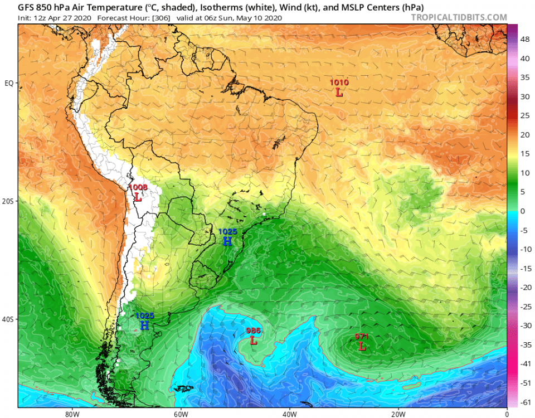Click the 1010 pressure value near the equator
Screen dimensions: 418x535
click(x=339, y=82)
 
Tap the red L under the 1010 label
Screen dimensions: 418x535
click(x=339, y=93)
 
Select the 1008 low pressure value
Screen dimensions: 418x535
click(x=138, y=187)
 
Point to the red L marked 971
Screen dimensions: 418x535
click(x=362, y=347)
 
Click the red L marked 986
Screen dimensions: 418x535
click(x=254, y=341)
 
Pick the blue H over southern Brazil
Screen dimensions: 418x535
click(x=227, y=241)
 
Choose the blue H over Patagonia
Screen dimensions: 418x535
click(x=144, y=325)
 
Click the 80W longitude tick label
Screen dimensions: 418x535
click(x=70, y=414)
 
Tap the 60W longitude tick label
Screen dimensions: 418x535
click(x=179, y=414)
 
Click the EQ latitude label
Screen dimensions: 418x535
click(x=9, y=83)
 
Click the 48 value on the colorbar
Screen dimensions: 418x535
click(x=525, y=40)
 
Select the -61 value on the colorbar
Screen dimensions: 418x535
click(x=525, y=402)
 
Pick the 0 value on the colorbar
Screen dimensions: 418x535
click(x=522, y=211)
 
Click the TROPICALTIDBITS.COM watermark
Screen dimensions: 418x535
click(x=459, y=17)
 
